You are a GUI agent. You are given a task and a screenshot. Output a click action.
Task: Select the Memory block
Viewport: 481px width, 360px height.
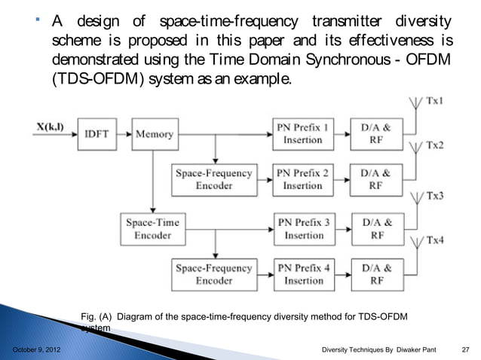154,134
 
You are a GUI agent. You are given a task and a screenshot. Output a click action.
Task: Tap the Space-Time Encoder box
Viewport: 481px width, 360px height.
152,227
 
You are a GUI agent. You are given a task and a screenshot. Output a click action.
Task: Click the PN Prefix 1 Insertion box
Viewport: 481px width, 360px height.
303,134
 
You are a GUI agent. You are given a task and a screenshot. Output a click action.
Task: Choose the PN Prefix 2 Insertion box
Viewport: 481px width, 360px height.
303,179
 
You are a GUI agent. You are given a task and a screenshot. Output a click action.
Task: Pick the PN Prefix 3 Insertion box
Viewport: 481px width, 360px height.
303,227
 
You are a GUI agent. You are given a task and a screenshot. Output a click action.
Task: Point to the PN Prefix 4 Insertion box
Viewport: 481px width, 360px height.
303,274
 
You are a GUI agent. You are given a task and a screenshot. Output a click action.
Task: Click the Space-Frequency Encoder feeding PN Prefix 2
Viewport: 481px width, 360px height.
214,179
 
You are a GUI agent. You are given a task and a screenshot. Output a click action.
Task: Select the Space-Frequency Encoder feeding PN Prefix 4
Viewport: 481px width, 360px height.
214,274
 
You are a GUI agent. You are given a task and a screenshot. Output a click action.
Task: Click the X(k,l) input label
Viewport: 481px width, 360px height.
50,127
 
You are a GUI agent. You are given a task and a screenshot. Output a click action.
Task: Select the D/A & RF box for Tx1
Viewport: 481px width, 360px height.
377,134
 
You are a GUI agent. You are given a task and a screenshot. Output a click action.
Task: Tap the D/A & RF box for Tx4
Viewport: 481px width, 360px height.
377,274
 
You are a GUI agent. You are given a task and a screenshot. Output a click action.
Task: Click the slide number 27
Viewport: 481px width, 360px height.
465,350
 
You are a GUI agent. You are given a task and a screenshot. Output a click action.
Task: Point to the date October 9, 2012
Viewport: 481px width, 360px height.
37,350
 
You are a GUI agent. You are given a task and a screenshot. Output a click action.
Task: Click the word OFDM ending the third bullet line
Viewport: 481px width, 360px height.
431,59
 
